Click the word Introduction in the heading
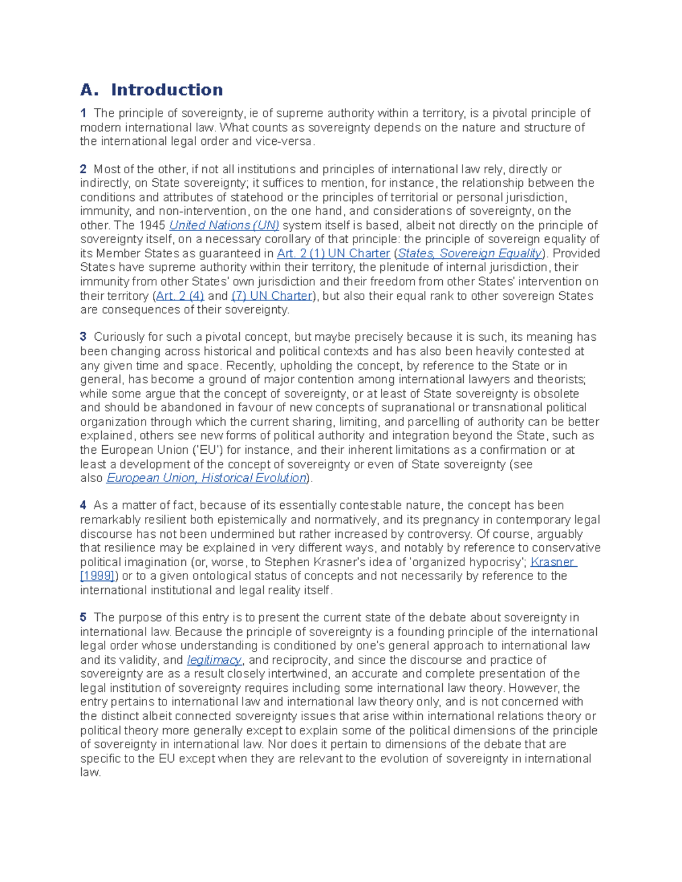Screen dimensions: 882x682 point(167,90)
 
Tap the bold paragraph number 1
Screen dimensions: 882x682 point(83,113)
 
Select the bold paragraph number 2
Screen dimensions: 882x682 point(83,169)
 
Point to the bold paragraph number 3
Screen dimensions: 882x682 point(83,337)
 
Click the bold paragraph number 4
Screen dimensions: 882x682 point(83,505)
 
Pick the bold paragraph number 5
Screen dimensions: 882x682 point(83,617)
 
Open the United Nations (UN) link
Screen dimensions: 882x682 point(224,225)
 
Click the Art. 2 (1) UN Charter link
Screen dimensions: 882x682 point(333,253)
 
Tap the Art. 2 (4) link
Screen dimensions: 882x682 point(180,296)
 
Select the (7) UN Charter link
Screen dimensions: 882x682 point(272,296)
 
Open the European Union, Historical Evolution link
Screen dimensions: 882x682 point(207,478)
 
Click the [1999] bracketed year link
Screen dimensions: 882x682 point(98,576)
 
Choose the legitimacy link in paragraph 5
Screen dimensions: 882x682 point(214,660)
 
